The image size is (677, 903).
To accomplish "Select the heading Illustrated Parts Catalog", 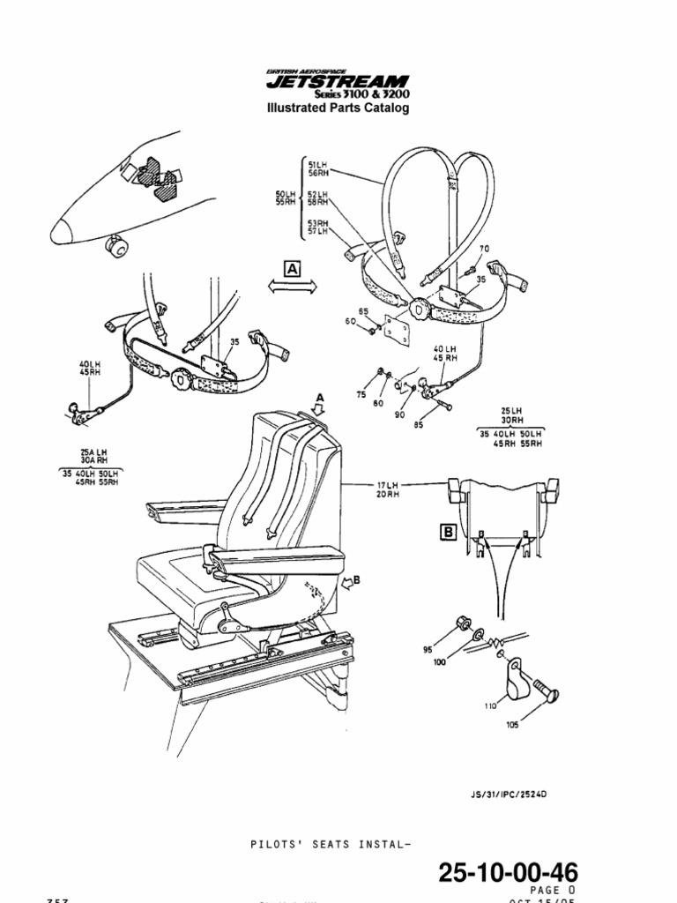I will tap(338, 109).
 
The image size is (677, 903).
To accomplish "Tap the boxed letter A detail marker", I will tap(292, 267).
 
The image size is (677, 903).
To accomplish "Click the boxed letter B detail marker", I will tap(447, 532).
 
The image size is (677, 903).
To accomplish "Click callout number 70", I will tap(484, 250).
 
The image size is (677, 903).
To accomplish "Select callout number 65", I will tap(362, 312).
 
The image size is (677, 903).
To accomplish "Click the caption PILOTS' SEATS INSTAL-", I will tap(330, 844).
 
